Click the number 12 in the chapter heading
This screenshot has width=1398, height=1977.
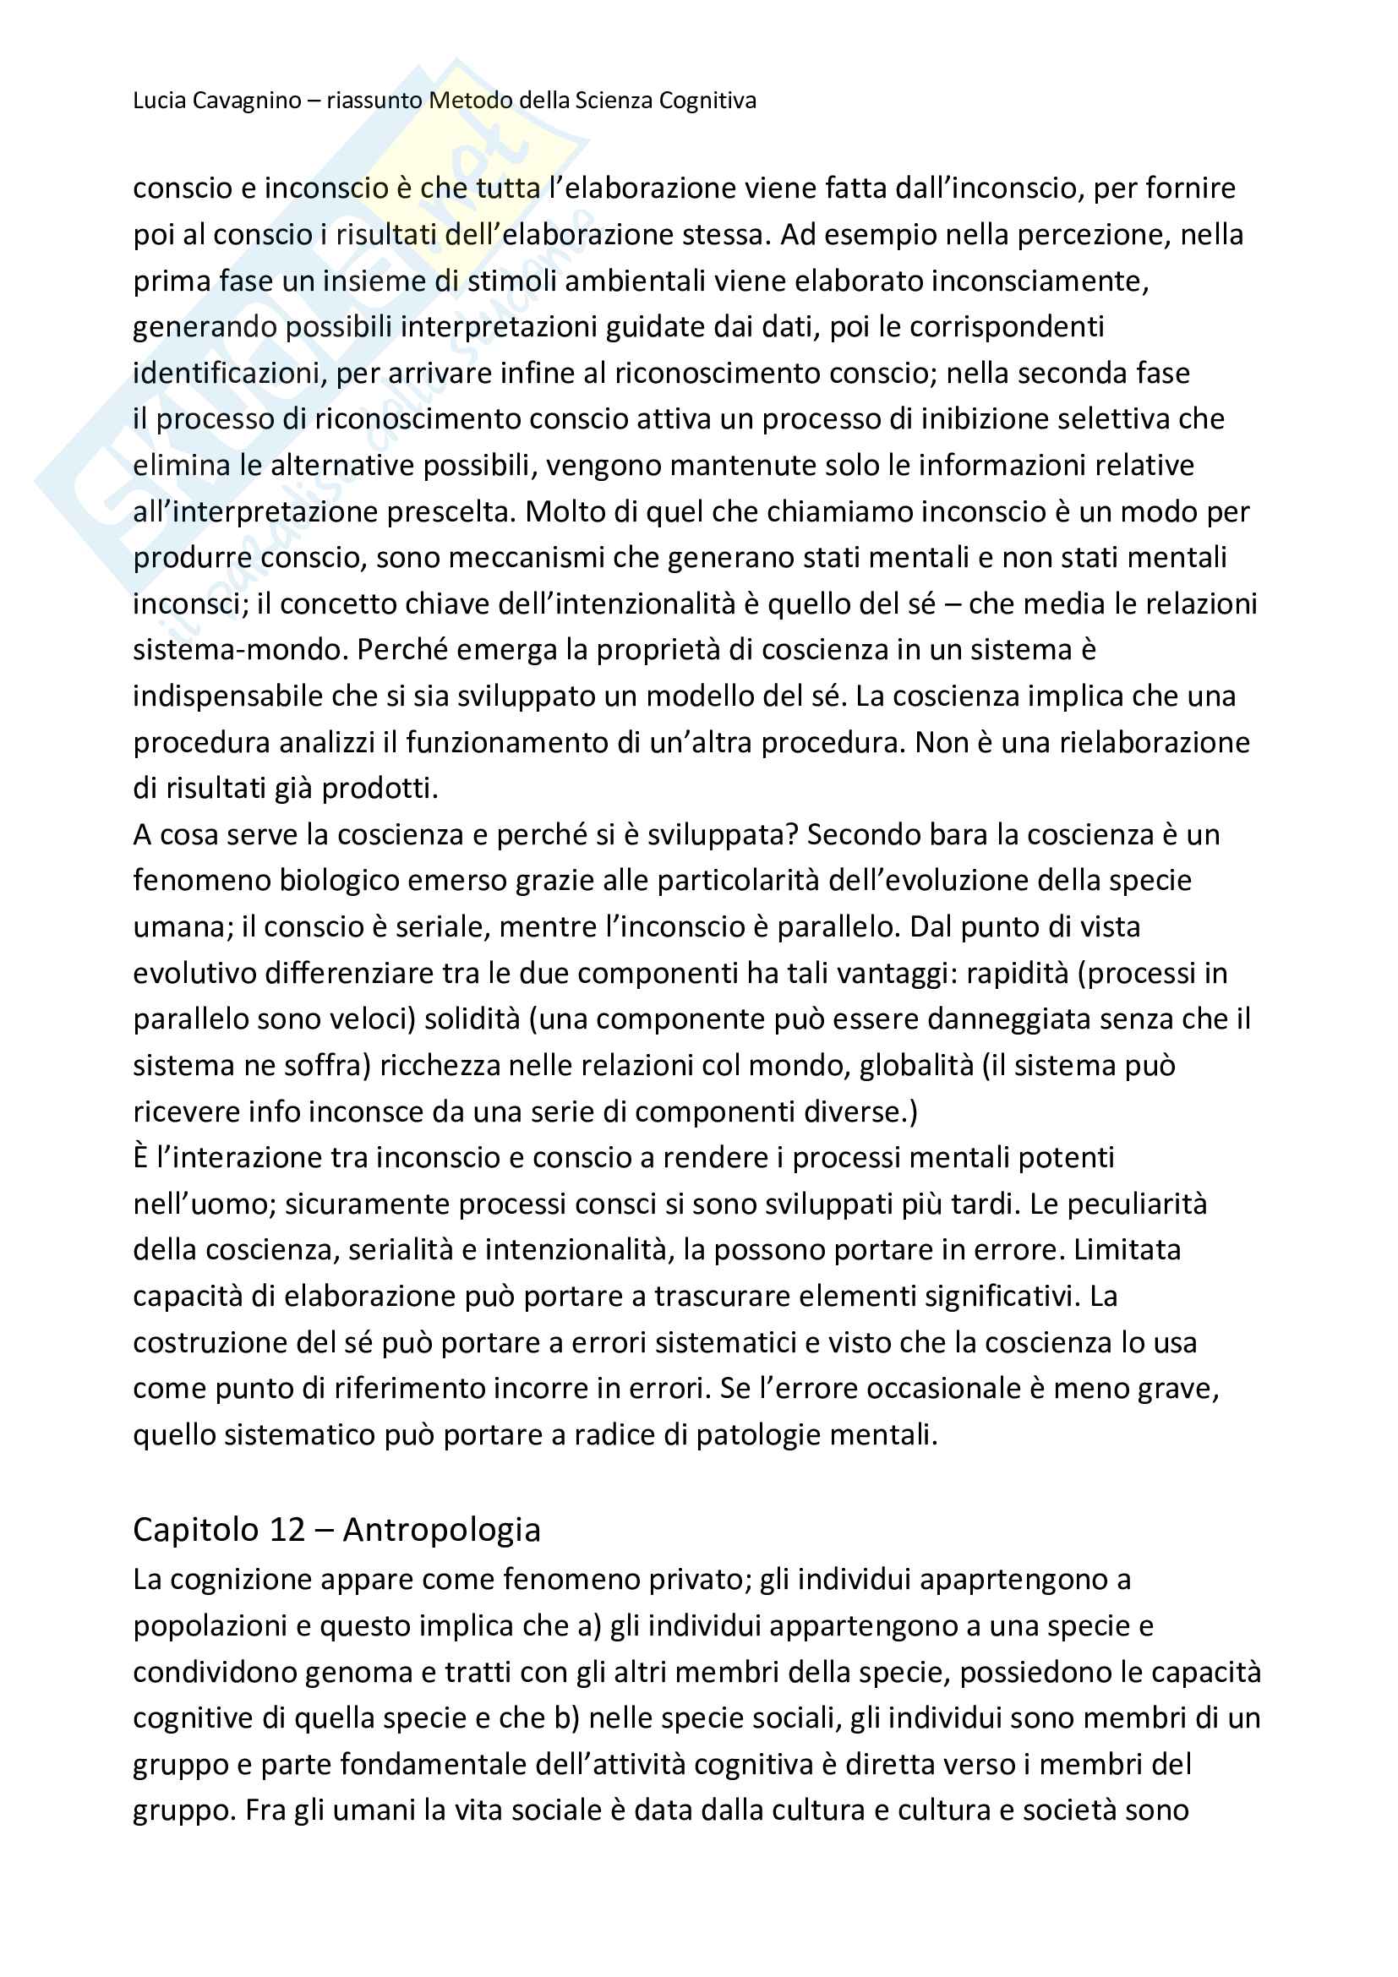(287, 1529)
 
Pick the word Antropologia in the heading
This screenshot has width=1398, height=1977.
(441, 1529)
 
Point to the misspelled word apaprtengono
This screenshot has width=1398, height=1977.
(1016, 1579)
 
